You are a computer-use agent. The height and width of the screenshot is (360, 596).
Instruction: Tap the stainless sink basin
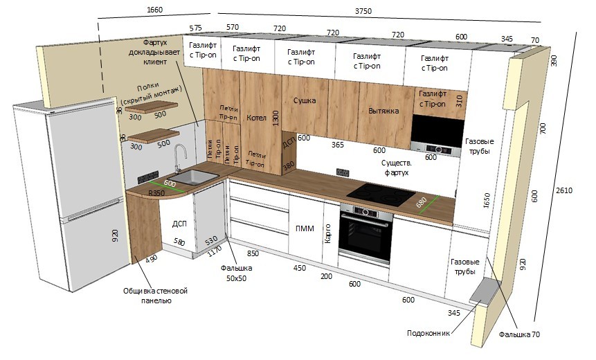click(x=193, y=177)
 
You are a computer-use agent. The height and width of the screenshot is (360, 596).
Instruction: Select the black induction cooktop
click(x=381, y=195)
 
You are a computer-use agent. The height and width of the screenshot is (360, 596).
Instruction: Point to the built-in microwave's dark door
click(x=437, y=130)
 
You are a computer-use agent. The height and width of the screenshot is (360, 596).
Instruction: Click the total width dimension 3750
click(x=363, y=11)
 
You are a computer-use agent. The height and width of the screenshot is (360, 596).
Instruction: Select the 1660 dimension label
click(x=154, y=10)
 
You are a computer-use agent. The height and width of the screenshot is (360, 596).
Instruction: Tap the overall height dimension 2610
click(x=564, y=190)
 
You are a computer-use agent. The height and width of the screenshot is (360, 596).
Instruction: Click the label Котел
click(x=257, y=118)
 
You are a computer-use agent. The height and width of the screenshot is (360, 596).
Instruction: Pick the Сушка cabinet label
click(x=305, y=101)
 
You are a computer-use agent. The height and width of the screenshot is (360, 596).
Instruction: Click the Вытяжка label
click(x=383, y=111)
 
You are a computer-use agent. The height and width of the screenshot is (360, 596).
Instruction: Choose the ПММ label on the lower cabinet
click(x=305, y=228)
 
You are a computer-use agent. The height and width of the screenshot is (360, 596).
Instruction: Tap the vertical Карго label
click(x=328, y=234)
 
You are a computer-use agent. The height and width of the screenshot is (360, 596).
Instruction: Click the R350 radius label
click(x=156, y=193)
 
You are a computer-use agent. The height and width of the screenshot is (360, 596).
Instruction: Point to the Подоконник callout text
click(x=428, y=333)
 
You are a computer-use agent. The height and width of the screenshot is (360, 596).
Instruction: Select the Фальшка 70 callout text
click(x=519, y=334)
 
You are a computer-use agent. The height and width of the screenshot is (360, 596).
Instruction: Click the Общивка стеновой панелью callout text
click(x=156, y=296)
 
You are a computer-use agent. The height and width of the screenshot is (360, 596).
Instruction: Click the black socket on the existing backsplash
click(x=343, y=172)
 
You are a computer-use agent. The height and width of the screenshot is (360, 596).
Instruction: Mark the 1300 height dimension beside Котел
click(x=276, y=118)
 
